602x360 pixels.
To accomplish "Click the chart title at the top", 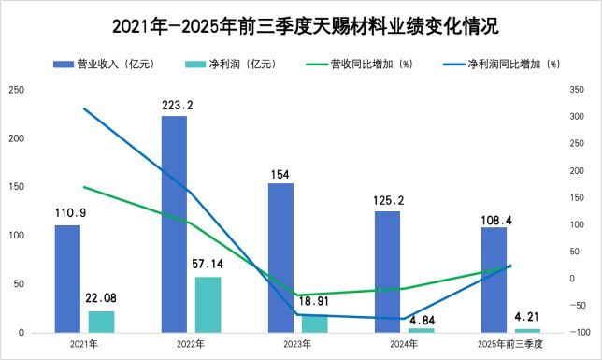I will [300, 23].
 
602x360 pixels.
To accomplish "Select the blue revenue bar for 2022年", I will [174, 224].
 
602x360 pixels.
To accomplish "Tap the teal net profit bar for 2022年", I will [208, 305].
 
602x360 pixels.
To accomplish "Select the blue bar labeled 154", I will [280, 258].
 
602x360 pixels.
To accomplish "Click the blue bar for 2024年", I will [387, 272].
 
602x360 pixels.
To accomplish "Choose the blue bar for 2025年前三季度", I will [494, 280].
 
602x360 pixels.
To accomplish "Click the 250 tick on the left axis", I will [16, 90].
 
